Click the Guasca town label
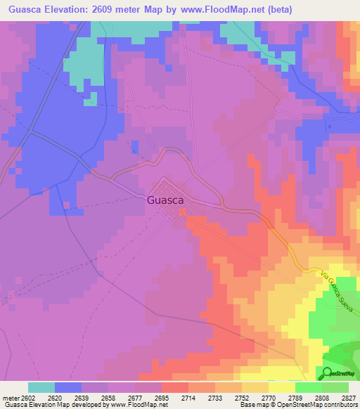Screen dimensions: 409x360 pyautogui.click(x=167, y=200)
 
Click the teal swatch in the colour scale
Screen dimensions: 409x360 pyautogui.click(x=41, y=387)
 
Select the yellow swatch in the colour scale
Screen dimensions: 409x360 pyautogui.click(x=281, y=387)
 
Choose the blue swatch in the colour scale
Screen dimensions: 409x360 pyautogui.click(x=68, y=387)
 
